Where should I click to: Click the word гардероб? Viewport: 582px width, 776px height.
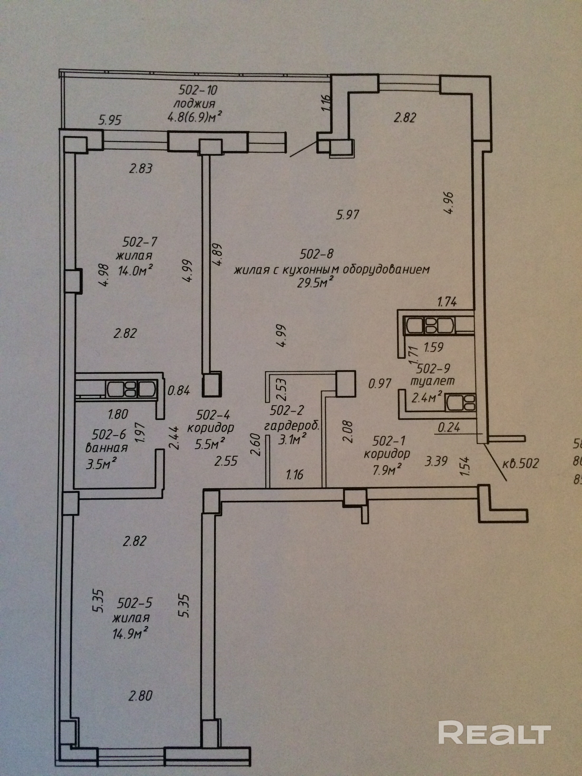292,426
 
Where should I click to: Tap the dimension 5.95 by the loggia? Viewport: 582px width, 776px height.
110,120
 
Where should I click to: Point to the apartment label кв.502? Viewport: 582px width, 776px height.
520,463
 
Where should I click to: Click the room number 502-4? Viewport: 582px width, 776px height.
213,415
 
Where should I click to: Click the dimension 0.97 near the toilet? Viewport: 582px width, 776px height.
380,383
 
